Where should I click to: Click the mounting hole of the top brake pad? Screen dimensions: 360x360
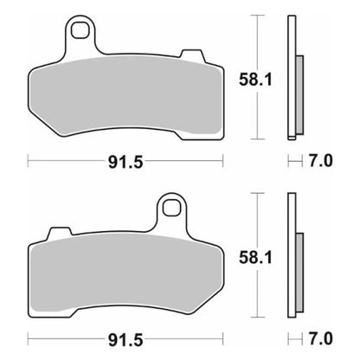(x=82, y=33)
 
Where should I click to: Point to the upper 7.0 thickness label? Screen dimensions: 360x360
(x=322, y=159)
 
